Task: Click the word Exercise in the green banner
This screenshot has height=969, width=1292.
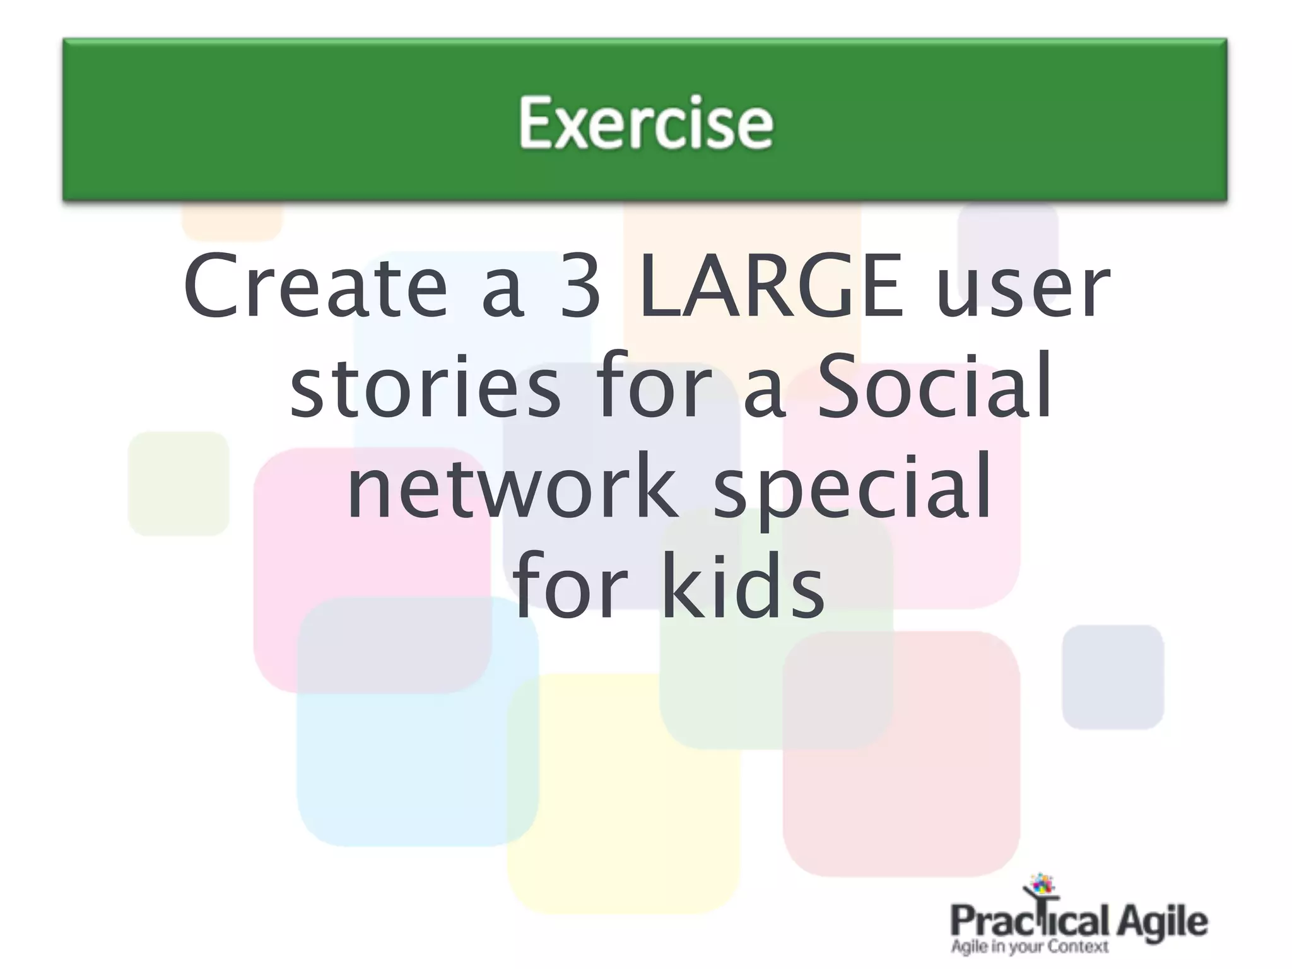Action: (645, 122)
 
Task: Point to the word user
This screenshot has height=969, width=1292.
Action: (1023, 287)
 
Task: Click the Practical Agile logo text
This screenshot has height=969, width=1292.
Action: (1078, 922)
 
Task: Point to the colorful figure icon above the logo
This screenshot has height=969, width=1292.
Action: (1042, 886)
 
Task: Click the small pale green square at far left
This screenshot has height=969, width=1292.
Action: (179, 483)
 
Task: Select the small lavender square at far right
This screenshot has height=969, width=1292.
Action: (1112, 677)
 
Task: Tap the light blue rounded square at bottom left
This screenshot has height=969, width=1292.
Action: (404, 757)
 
